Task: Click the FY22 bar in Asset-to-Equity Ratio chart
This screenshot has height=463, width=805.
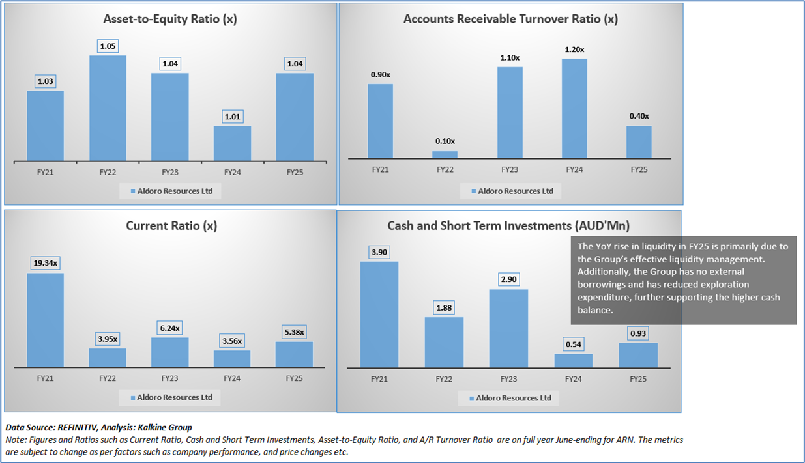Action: tap(108, 107)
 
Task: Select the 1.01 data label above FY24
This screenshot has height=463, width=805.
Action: tap(233, 117)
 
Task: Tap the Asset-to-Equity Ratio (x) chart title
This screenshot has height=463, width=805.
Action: tap(170, 19)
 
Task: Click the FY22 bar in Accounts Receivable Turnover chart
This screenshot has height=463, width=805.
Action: tap(446, 154)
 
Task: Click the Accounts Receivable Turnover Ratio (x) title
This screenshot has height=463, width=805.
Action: tap(510, 19)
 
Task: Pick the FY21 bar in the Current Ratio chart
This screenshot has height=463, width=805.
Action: tap(45, 319)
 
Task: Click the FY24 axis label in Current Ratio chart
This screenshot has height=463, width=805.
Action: tap(233, 378)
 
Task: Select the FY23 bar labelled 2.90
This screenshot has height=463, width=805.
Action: tap(508, 328)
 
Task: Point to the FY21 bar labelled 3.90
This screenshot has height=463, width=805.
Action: tap(379, 314)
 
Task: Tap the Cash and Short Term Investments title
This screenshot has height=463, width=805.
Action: tap(508, 226)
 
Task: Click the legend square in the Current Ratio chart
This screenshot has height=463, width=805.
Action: tap(132, 398)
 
